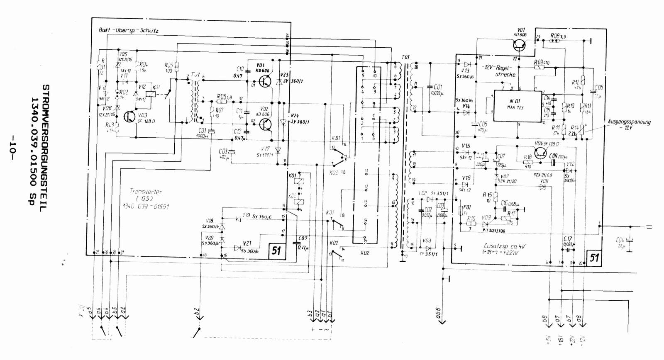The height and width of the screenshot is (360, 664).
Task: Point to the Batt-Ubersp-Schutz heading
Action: tap(128, 30)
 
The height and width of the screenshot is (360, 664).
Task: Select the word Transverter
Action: tap(146, 192)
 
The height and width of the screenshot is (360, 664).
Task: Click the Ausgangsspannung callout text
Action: tap(629, 122)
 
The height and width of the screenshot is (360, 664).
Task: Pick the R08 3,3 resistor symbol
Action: tap(554, 41)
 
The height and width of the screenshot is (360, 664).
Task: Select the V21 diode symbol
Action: tap(237, 248)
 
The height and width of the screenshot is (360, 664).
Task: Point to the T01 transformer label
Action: tap(405, 57)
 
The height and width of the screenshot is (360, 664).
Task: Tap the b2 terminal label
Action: tap(198, 312)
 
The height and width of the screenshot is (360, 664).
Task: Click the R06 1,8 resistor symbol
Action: tap(221, 101)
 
